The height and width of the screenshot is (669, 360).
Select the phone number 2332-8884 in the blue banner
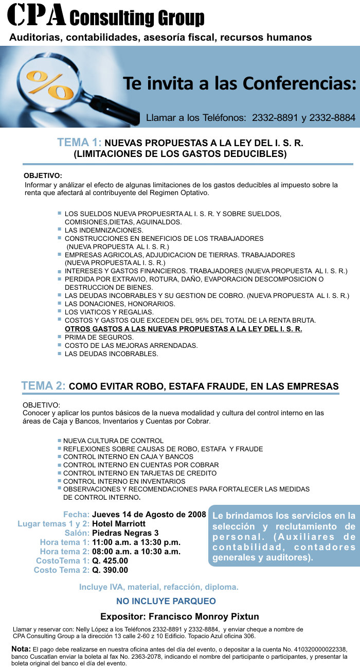332,118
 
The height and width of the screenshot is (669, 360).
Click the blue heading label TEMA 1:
80,143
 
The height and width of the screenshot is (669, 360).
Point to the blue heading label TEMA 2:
43,386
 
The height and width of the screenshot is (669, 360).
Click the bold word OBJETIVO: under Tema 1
43,175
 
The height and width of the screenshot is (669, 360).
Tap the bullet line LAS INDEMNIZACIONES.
97,230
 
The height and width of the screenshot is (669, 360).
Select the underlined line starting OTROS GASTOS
183,328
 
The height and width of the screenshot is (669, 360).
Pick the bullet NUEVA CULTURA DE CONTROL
113,441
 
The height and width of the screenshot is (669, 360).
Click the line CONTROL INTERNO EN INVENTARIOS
124,481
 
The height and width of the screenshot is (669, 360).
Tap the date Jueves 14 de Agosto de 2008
149,515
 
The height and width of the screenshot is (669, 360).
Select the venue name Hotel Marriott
119,524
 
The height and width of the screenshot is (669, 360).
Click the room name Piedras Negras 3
125,533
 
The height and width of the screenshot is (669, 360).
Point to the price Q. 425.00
110,560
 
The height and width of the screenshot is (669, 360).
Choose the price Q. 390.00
110,570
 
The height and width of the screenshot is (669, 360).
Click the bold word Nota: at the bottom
21,649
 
